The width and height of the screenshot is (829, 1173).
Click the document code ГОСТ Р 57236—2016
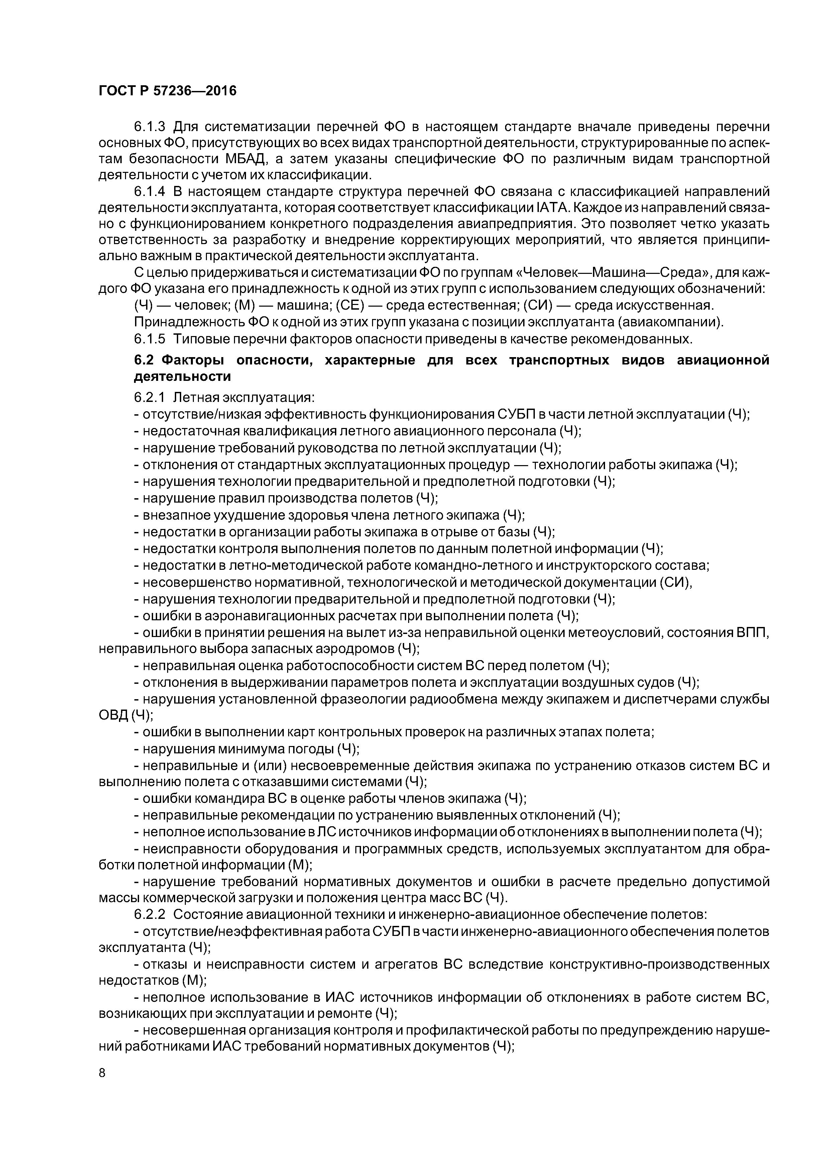[167, 91]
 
